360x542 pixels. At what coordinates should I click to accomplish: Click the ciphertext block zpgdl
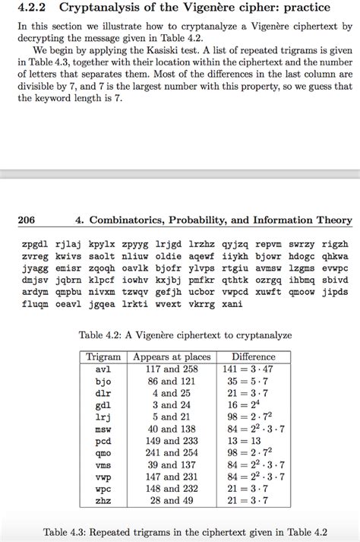pos(35,245)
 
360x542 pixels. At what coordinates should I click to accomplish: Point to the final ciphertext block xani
pos(229,303)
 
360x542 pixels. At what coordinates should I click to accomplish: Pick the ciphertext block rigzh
pos(334,245)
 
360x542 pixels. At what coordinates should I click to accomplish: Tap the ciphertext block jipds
pos(334,291)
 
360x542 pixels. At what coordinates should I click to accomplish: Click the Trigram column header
pos(103,356)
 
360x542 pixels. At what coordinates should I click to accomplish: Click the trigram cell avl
pos(103,369)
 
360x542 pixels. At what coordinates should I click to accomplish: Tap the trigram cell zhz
pos(103,500)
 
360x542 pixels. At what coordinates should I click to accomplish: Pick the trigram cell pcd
pos(103,441)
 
